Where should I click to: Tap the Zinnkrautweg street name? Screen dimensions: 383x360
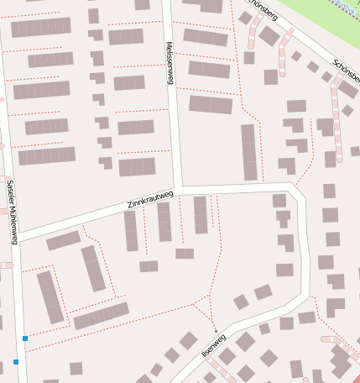[150, 199]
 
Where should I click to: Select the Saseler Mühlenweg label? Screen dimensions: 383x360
[12, 212]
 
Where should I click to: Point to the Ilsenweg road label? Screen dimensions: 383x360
[214, 345]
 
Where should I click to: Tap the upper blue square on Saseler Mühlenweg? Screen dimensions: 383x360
[25, 338]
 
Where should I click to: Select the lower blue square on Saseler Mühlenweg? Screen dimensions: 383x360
[16, 362]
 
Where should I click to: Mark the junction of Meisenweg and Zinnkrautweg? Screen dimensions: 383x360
[178, 188]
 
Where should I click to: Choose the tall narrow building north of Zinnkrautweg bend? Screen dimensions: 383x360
[248, 152]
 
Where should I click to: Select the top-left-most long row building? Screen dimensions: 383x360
[40, 28]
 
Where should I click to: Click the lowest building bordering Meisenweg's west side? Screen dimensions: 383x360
[137, 166]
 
